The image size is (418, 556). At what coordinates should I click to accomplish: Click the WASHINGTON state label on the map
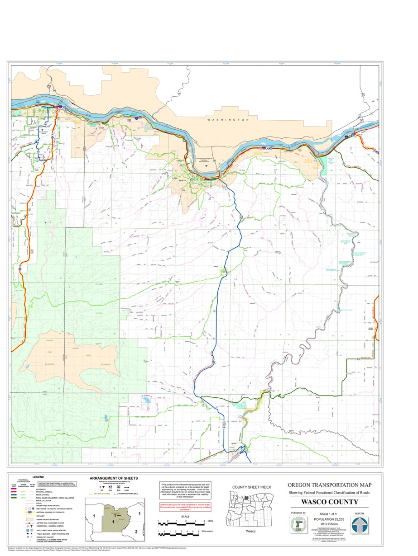pyautogui.click(x=228, y=120)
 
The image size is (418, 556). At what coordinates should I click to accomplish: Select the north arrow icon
pyautogui.click(x=360, y=525)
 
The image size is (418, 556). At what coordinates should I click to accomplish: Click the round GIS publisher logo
pyautogui.click(x=298, y=525)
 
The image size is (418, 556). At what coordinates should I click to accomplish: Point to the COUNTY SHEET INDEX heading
pyautogui.click(x=251, y=487)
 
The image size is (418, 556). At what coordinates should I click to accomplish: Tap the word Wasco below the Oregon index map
pyautogui.click(x=251, y=531)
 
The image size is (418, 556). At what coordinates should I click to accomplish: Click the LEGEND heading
pyautogui.click(x=38, y=477)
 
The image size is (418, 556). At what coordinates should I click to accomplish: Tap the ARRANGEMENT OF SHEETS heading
pyautogui.click(x=114, y=478)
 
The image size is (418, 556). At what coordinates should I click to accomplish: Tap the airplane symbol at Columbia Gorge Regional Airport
pyautogui.click(x=207, y=165)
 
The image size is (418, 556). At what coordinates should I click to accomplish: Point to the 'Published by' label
pyautogui.click(x=298, y=513)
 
